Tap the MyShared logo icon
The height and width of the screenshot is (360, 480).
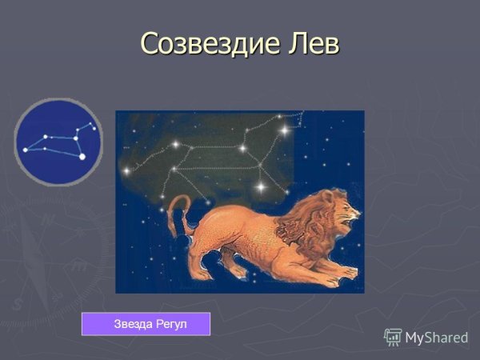(393, 337)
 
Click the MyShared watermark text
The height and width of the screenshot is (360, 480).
(436, 338)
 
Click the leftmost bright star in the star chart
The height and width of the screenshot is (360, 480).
(126, 170)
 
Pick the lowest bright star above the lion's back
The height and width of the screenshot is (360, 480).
(260, 187)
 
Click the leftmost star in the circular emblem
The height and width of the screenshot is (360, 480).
(25, 150)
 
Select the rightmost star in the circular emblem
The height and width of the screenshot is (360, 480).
(94, 128)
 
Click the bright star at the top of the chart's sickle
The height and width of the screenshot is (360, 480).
(284, 129)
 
